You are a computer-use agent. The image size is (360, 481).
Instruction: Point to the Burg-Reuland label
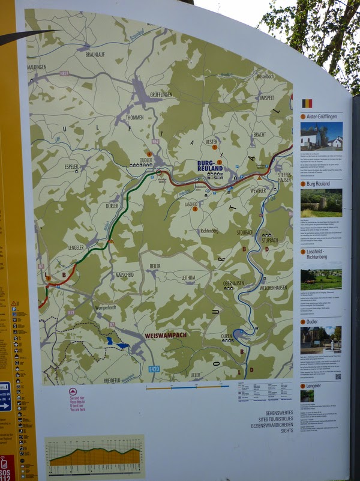(210, 166)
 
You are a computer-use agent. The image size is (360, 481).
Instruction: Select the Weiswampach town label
(166, 335)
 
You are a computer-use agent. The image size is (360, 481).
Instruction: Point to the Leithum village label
(188, 277)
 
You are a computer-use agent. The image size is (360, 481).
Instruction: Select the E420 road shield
(154, 369)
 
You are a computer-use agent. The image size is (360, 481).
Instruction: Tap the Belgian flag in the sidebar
(307, 103)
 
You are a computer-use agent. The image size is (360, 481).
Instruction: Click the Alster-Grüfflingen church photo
(322, 137)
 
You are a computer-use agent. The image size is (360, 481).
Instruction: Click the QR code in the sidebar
(337, 377)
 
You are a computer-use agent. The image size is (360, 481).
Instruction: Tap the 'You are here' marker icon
(73, 391)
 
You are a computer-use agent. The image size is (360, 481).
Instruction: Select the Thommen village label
(135, 118)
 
